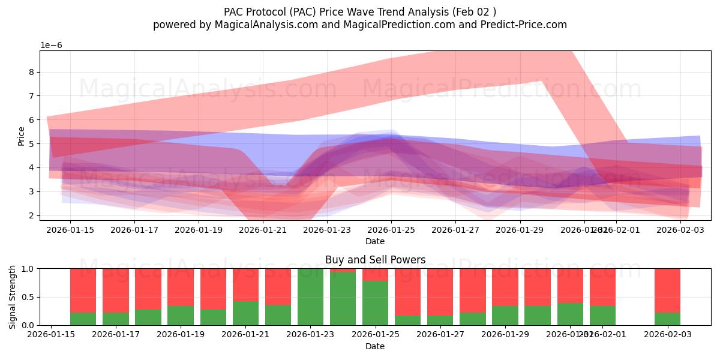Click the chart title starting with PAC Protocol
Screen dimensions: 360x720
point(359,11)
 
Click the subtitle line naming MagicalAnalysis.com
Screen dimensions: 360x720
point(359,25)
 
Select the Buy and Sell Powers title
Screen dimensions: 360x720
point(375,260)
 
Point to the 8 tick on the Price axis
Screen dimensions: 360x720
point(32,72)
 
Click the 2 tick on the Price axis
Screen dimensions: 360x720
point(32,215)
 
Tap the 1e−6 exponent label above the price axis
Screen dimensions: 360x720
point(51,45)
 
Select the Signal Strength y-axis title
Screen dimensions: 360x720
point(12,297)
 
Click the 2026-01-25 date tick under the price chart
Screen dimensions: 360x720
point(391,230)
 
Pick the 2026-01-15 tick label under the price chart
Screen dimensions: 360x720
point(70,230)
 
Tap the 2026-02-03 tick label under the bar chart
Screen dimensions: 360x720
point(667,335)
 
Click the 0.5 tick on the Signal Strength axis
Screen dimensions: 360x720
point(28,297)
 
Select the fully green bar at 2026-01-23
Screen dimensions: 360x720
point(310,297)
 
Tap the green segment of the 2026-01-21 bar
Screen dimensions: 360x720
point(245,313)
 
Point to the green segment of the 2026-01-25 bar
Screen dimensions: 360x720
point(375,303)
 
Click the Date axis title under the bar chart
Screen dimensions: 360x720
point(375,346)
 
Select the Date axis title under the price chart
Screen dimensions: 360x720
point(375,241)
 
